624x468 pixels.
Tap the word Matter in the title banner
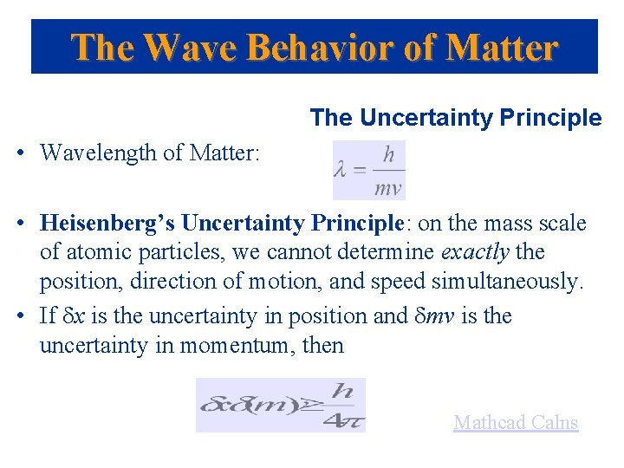point(502,47)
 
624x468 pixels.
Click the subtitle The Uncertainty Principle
point(455,118)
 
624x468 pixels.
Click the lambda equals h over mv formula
point(369,171)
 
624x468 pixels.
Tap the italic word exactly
point(475,252)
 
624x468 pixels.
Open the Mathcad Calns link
point(516,423)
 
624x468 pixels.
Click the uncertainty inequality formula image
point(281,405)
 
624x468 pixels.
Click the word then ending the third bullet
point(324,345)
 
